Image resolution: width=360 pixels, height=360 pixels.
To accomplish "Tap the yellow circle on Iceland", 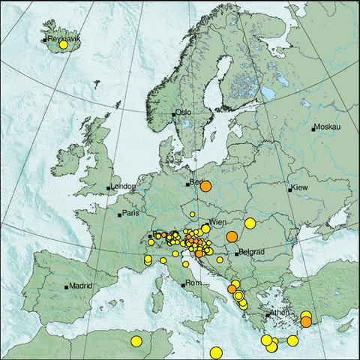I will click(63, 45).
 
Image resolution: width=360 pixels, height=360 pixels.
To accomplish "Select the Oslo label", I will click(184, 112).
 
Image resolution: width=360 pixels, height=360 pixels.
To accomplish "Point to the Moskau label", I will click(327, 127).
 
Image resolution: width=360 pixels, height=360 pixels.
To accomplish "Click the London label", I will click(122, 186).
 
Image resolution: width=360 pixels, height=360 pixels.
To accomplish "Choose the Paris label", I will click(131, 214).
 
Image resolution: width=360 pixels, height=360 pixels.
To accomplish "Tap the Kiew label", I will click(299, 186).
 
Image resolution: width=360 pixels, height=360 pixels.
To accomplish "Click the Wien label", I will click(218, 222).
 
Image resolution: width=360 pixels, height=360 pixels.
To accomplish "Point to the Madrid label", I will click(80, 286).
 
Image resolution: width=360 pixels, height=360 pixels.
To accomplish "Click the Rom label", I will click(193, 283).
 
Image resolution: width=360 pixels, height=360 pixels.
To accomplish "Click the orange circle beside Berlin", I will click(206, 187).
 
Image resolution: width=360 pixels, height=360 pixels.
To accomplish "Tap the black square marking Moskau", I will click(313, 128).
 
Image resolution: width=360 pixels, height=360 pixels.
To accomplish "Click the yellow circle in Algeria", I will click(136, 341).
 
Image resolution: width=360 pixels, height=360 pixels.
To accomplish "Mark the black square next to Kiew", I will click(290, 190).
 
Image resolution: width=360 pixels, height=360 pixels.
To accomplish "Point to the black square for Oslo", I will click(173, 114).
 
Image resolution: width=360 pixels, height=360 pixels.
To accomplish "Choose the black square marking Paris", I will click(119, 214).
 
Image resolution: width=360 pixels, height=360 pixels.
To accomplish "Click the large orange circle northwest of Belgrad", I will click(232, 236).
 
